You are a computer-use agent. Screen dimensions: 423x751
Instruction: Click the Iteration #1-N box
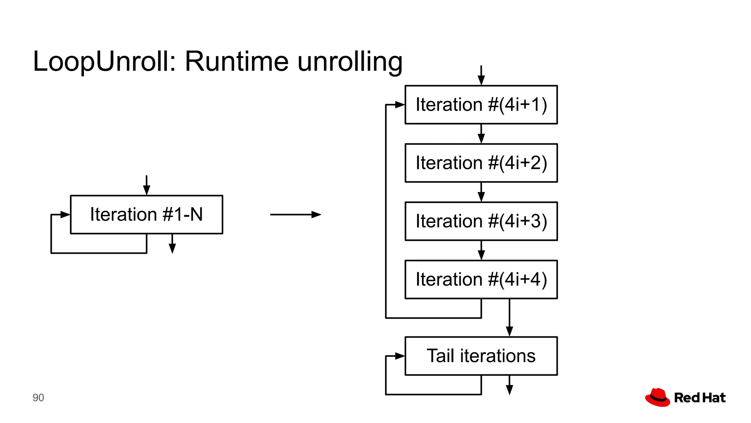click(146, 214)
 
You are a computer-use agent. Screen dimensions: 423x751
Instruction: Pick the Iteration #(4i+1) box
click(481, 105)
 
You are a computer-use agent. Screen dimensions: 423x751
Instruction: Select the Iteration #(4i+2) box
click(481, 163)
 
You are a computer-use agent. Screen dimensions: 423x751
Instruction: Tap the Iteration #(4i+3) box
click(481, 221)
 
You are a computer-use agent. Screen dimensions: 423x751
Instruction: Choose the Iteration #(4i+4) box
click(481, 279)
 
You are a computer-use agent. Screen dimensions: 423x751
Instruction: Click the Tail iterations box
click(481, 356)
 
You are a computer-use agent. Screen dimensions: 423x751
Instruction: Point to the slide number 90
click(38, 398)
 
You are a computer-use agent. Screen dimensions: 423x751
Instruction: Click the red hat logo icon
click(657, 397)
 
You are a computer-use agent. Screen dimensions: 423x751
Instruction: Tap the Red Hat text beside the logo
click(700, 398)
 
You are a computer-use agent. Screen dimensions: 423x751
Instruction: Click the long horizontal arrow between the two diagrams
click(296, 214)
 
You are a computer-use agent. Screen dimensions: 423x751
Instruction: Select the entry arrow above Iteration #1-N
click(146, 185)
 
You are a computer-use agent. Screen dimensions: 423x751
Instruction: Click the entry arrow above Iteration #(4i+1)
click(481, 76)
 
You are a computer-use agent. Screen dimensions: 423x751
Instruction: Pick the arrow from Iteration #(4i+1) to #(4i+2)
click(481, 134)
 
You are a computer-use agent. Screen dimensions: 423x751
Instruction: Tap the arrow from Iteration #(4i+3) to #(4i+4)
click(481, 250)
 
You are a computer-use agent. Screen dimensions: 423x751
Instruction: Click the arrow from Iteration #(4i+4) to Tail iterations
click(509, 318)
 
